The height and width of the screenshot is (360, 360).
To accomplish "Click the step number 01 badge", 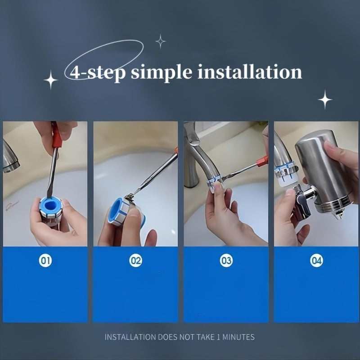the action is tap(45, 261).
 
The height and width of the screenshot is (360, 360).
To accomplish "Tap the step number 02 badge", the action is tap(136, 261).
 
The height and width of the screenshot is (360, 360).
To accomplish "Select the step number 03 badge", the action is tap(226, 261).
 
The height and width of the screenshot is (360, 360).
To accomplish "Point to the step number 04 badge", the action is tap(317, 261).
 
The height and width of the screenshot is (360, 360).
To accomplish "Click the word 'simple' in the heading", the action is tap(162, 72).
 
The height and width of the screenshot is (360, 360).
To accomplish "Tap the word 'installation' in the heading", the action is tap(250, 72).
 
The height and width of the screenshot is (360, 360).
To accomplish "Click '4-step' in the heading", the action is tap(98, 73).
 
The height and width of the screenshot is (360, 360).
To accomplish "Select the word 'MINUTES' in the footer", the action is tap(238, 337).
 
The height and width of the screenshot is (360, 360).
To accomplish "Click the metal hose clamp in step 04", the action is tap(286, 170).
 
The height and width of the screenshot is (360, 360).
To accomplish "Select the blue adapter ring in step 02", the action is tap(119, 211).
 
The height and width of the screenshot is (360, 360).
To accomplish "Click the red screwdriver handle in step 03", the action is tap(262, 161).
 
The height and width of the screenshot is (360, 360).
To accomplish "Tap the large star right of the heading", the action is tap(325, 99).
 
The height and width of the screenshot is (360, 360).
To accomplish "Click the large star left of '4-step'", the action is tap(51, 80).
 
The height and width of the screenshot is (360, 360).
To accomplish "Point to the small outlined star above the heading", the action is tap(161, 41).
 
